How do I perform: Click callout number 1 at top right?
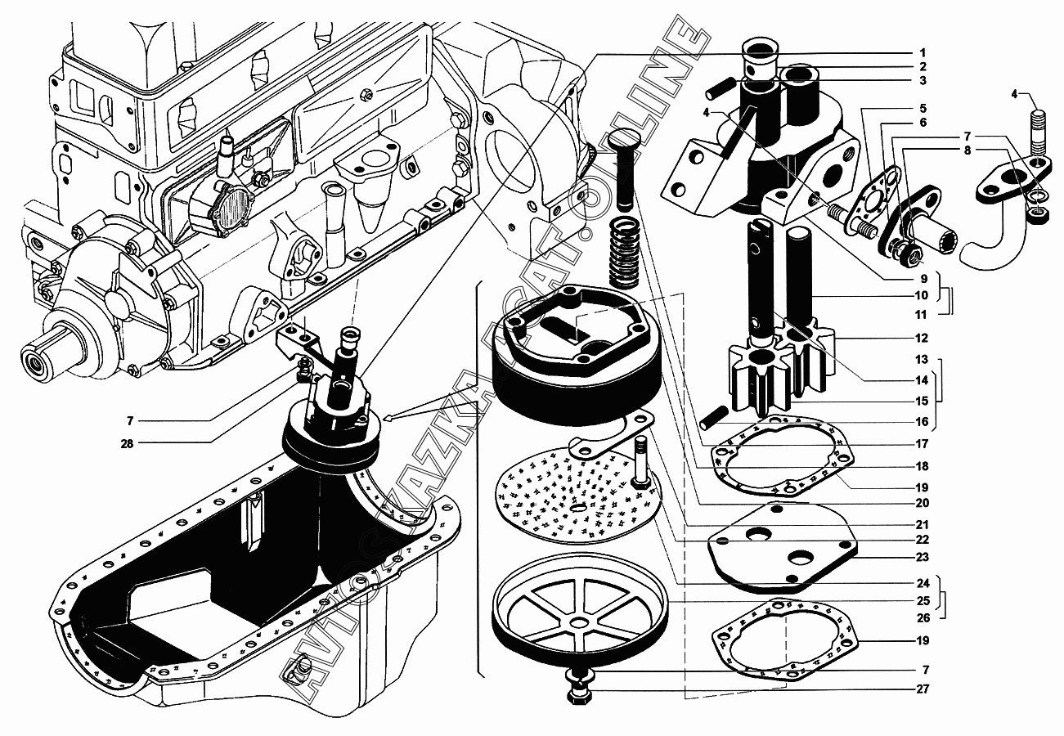point(922,52)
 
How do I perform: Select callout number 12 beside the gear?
point(922,338)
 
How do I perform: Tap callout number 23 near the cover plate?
point(922,557)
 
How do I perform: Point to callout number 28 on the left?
point(130,442)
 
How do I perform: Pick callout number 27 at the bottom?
point(922,689)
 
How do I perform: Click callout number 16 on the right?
point(922,422)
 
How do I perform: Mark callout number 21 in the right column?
point(922,524)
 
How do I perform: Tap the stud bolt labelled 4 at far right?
point(1038,135)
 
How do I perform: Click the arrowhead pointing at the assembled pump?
point(388,419)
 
